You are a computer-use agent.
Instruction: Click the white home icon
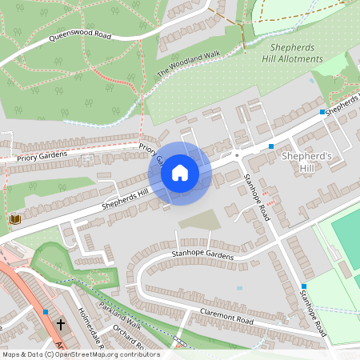point(180,172)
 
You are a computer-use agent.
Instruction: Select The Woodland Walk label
point(188,63)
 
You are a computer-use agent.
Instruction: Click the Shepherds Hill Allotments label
point(292,53)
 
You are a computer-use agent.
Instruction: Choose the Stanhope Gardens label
point(202,254)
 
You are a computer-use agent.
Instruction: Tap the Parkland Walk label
point(119,319)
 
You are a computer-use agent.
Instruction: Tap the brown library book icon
point(14,219)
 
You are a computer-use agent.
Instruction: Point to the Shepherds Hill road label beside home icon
point(126,196)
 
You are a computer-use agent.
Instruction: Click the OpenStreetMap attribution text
point(80,354)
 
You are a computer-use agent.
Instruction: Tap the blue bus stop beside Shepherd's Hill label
point(272,146)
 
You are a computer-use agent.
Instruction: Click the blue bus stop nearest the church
point(46,311)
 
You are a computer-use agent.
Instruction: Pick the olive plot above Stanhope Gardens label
point(196,218)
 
